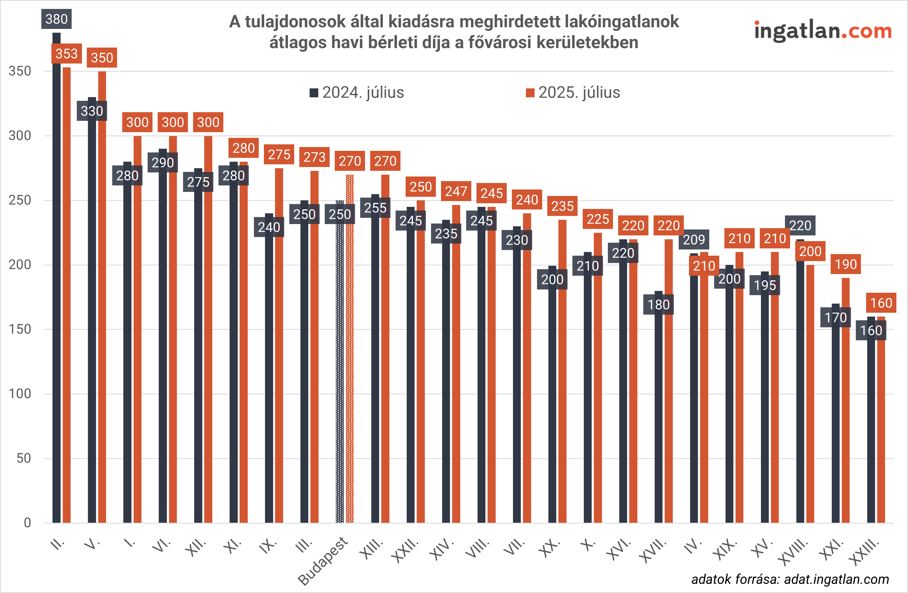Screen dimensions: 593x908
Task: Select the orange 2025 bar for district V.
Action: pos(102,298)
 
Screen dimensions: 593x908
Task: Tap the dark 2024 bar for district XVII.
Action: pos(658,419)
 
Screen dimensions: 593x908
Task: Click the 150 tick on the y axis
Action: pos(20,329)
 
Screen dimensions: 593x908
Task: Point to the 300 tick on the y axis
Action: pos(20,135)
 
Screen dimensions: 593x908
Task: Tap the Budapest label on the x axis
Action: pos(323,561)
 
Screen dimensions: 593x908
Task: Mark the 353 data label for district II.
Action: pos(67,54)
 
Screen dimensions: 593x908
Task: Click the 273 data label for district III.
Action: pos(314,157)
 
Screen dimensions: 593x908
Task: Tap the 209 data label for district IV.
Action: pos(694,239)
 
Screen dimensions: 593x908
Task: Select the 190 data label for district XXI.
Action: pos(846,264)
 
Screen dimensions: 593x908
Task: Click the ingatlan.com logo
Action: pos(823,31)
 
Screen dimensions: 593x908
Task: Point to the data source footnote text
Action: pos(790,579)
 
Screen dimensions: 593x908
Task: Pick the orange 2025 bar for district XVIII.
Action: pos(810,393)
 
